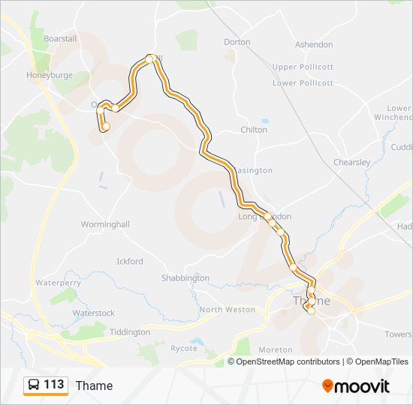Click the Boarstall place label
[x=61, y=38]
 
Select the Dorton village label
[x=237, y=42]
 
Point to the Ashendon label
[x=314, y=45]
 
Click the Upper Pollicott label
[x=303, y=67]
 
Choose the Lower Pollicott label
[x=303, y=83]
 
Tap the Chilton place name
[x=254, y=130]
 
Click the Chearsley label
[x=351, y=162]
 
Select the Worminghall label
[x=105, y=224]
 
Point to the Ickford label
[x=130, y=262]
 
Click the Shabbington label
[x=185, y=278]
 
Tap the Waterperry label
[x=58, y=283]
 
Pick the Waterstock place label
[x=94, y=313]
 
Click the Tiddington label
[x=130, y=332]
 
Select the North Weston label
[x=228, y=309]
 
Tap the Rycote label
[x=183, y=348]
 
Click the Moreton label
[x=276, y=349]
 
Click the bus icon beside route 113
[x=34, y=385]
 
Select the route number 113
[x=54, y=385]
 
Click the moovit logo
[x=356, y=386]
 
